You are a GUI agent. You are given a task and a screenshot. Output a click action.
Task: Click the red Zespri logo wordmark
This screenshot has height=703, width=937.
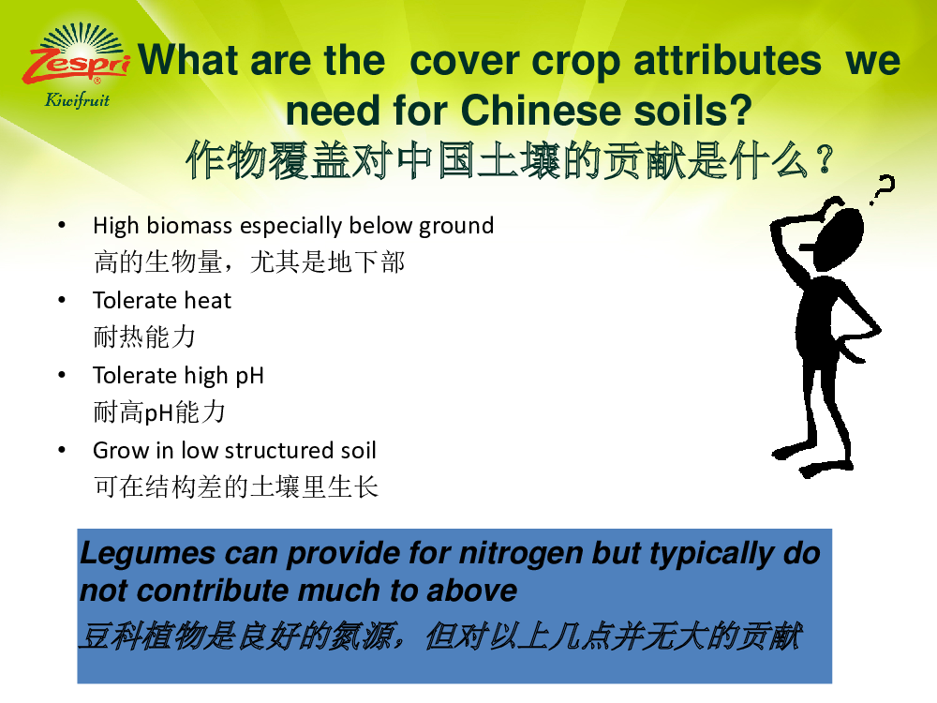pos(76,65)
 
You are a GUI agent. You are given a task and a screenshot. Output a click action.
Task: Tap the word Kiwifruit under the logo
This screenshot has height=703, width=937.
pos(77,100)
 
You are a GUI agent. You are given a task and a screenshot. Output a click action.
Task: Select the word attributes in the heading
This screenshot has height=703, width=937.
pos(727,60)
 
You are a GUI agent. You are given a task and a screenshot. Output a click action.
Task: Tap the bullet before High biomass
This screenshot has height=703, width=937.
pos(62,225)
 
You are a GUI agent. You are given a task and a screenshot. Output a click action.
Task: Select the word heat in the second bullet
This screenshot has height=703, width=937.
pos(208,300)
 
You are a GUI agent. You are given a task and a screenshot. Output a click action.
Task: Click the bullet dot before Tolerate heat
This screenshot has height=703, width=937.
pos(62,300)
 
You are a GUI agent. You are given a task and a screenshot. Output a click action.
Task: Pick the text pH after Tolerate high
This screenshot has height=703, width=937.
pos(250,377)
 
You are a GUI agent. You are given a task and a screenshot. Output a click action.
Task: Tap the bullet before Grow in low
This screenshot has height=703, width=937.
pos(62,450)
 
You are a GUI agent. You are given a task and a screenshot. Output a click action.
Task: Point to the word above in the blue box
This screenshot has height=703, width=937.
pos(471,591)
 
